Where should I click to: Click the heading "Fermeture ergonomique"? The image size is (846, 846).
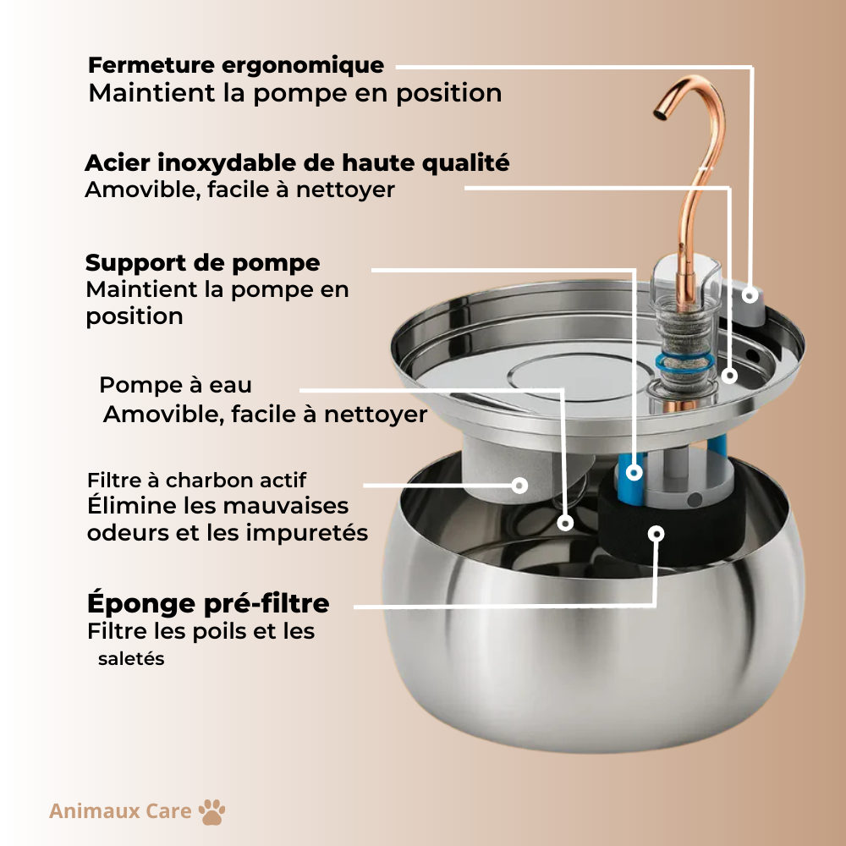coord(236,65)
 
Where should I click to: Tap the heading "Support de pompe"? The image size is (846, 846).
coord(203,262)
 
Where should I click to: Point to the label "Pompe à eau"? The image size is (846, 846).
coord(175,385)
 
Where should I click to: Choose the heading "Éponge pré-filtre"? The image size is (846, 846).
coord(208,604)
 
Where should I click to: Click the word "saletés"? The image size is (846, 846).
coord(131,658)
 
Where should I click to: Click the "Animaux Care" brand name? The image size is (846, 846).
coord(120,811)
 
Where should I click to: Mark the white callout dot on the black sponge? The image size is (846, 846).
coord(656,532)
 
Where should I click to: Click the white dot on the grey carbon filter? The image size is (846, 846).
coord(520,485)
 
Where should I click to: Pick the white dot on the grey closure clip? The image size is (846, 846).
coord(750,294)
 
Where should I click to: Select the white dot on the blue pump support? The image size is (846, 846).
coord(634,473)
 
